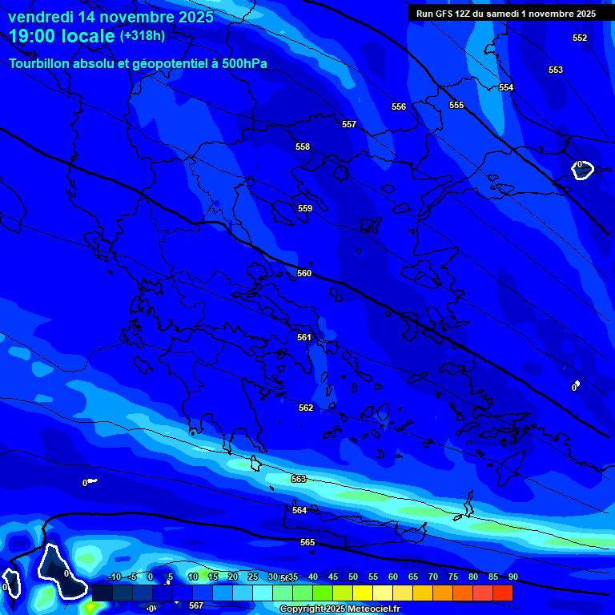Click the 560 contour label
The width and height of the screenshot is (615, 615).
[x=304, y=273]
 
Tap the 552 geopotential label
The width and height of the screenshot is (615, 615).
[x=580, y=38]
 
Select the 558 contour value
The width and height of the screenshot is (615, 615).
[x=303, y=147]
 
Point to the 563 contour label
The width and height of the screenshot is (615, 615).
[x=299, y=479]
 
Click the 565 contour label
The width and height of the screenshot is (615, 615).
[x=307, y=542]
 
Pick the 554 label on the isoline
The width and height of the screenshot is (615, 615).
[x=506, y=87]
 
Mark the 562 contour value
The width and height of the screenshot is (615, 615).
[x=306, y=408]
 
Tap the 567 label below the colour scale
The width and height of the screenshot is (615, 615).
[x=196, y=605]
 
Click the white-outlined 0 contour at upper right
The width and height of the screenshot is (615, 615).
[x=581, y=169]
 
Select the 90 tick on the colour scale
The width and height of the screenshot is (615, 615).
[x=513, y=577]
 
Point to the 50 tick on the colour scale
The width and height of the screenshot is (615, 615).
[x=353, y=577]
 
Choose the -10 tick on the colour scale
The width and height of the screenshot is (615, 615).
[x=114, y=577]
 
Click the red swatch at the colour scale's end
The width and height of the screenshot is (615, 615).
[x=503, y=593]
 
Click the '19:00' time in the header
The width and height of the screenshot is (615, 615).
[x=36, y=36]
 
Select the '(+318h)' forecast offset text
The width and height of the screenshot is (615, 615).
[x=142, y=36]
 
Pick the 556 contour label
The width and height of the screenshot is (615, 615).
[x=399, y=107]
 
